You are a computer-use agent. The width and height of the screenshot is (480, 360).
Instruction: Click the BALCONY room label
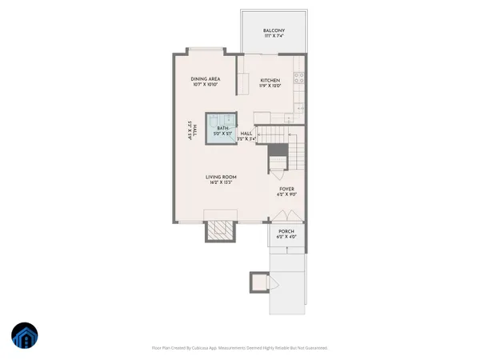274,31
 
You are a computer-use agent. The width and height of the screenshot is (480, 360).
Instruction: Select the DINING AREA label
205,78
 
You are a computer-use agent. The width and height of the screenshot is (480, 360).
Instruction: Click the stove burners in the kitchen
298,78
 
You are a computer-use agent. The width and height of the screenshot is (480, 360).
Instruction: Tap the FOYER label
286,189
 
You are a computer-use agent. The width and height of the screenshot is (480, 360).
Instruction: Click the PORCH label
286,233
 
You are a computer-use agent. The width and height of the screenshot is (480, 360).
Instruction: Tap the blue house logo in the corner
24,337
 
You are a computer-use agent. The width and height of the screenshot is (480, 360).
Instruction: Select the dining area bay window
207,52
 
